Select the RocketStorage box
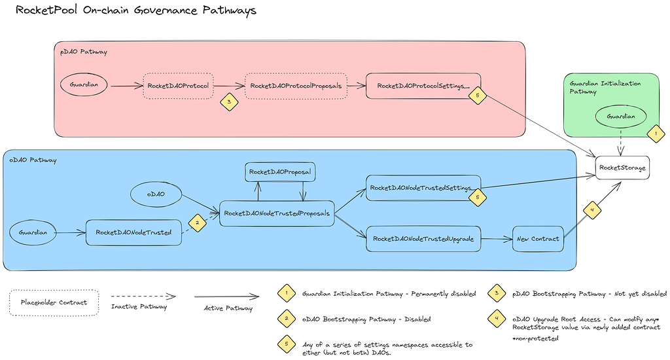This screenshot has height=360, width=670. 622,168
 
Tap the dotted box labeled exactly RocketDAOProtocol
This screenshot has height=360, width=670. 178,86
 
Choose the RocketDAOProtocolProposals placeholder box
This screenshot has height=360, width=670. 296,86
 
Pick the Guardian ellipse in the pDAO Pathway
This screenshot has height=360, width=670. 84,85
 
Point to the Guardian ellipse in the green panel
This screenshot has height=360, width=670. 620,116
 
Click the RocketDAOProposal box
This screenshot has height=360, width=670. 280,171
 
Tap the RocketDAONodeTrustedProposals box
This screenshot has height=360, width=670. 277,213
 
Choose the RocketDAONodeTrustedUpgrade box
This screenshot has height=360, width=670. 423,239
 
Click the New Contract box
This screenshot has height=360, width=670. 538,239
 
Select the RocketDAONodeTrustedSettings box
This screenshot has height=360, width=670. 423,188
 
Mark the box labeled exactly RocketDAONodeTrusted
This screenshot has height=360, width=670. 133,232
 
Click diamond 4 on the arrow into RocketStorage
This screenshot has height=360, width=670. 592,211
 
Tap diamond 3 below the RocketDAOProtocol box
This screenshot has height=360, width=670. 228,102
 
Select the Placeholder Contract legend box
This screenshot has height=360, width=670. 54,302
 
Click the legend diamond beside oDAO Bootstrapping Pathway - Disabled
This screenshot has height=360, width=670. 285,319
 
